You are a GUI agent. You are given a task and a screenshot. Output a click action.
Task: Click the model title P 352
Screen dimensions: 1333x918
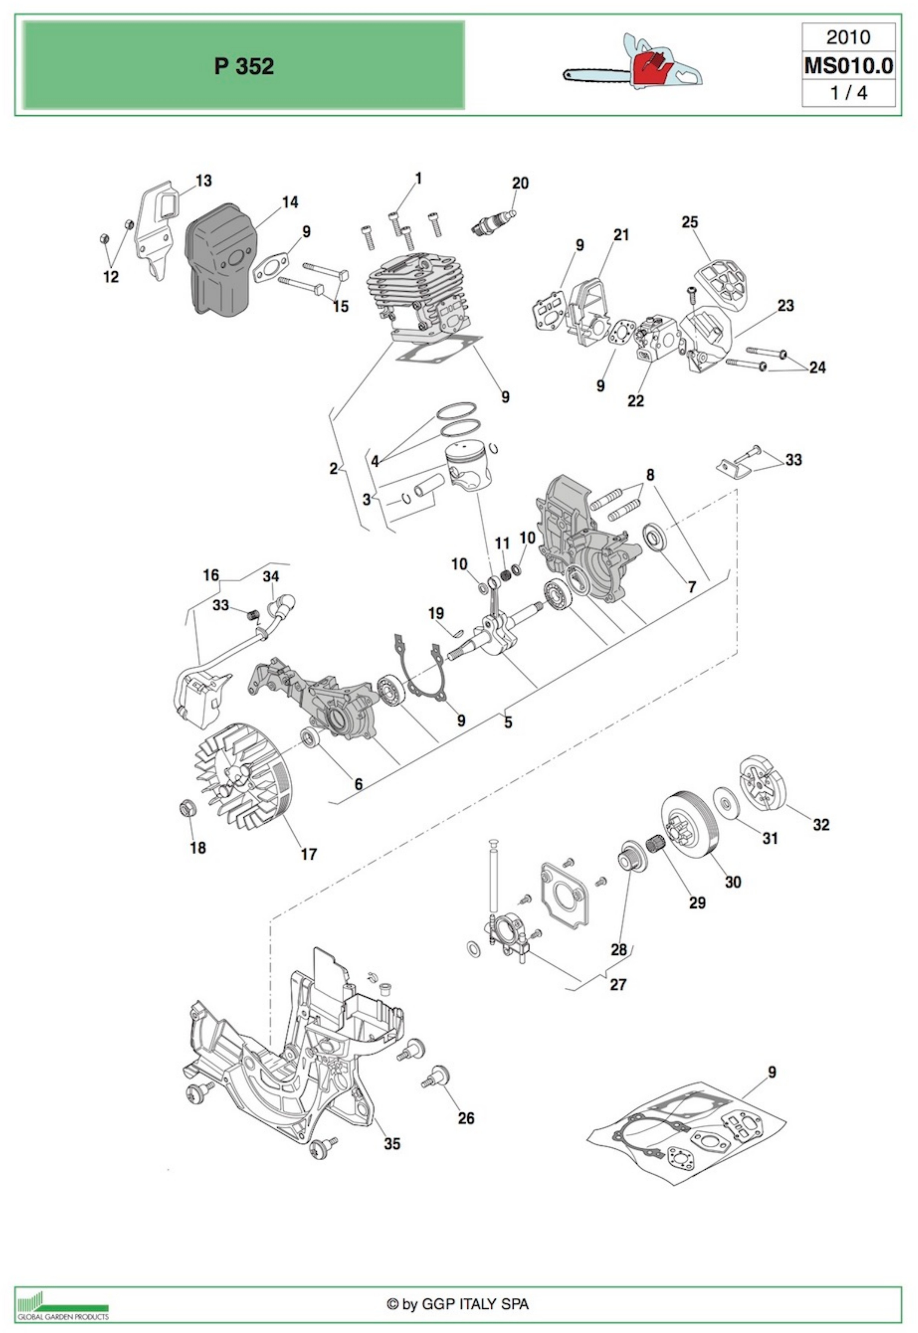click(x=244, y=67)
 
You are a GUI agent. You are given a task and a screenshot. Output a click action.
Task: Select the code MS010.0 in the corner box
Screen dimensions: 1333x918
click(x=848, y=66)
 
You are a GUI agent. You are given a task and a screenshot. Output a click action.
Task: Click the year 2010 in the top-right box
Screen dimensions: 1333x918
click(x=848, y=37)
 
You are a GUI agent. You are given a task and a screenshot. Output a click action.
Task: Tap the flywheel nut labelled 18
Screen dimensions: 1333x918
click(x=187, y=808)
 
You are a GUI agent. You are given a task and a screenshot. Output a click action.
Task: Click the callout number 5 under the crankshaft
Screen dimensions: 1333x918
click(x=508, y=722)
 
